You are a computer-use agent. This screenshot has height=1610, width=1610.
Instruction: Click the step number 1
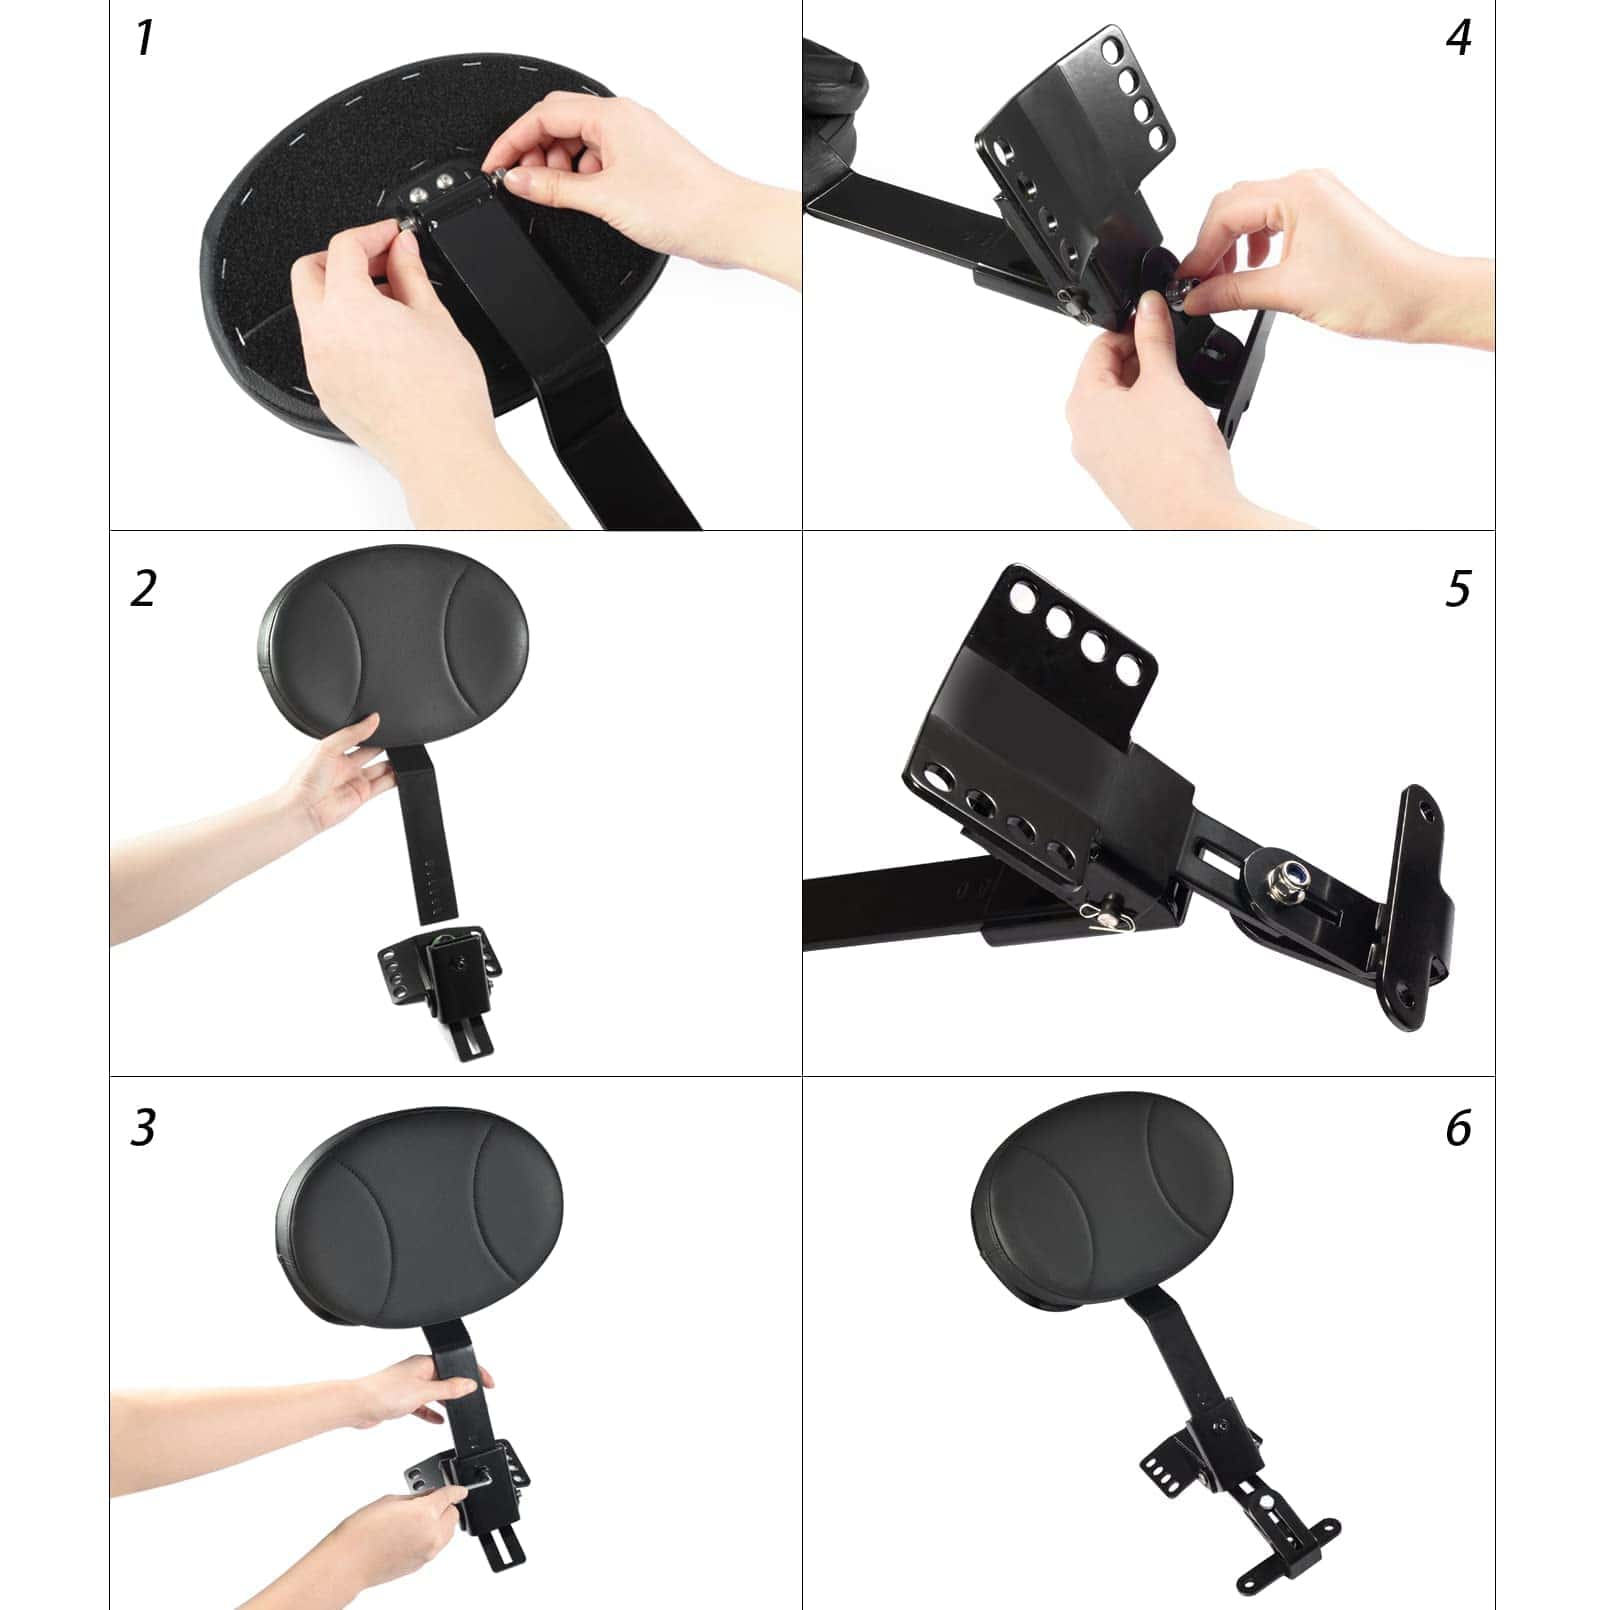(x=145, y=38)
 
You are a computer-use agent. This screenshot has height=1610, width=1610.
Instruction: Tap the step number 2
(x=143, y=588)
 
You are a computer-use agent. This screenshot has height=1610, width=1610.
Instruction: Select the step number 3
(x=143, y=1127)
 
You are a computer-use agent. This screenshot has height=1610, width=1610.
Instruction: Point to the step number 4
(x=1458, y=38)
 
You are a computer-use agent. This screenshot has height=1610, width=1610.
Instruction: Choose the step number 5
(x=1458, y=588)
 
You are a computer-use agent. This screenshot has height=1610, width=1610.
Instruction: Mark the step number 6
(x=1458, y=1128)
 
